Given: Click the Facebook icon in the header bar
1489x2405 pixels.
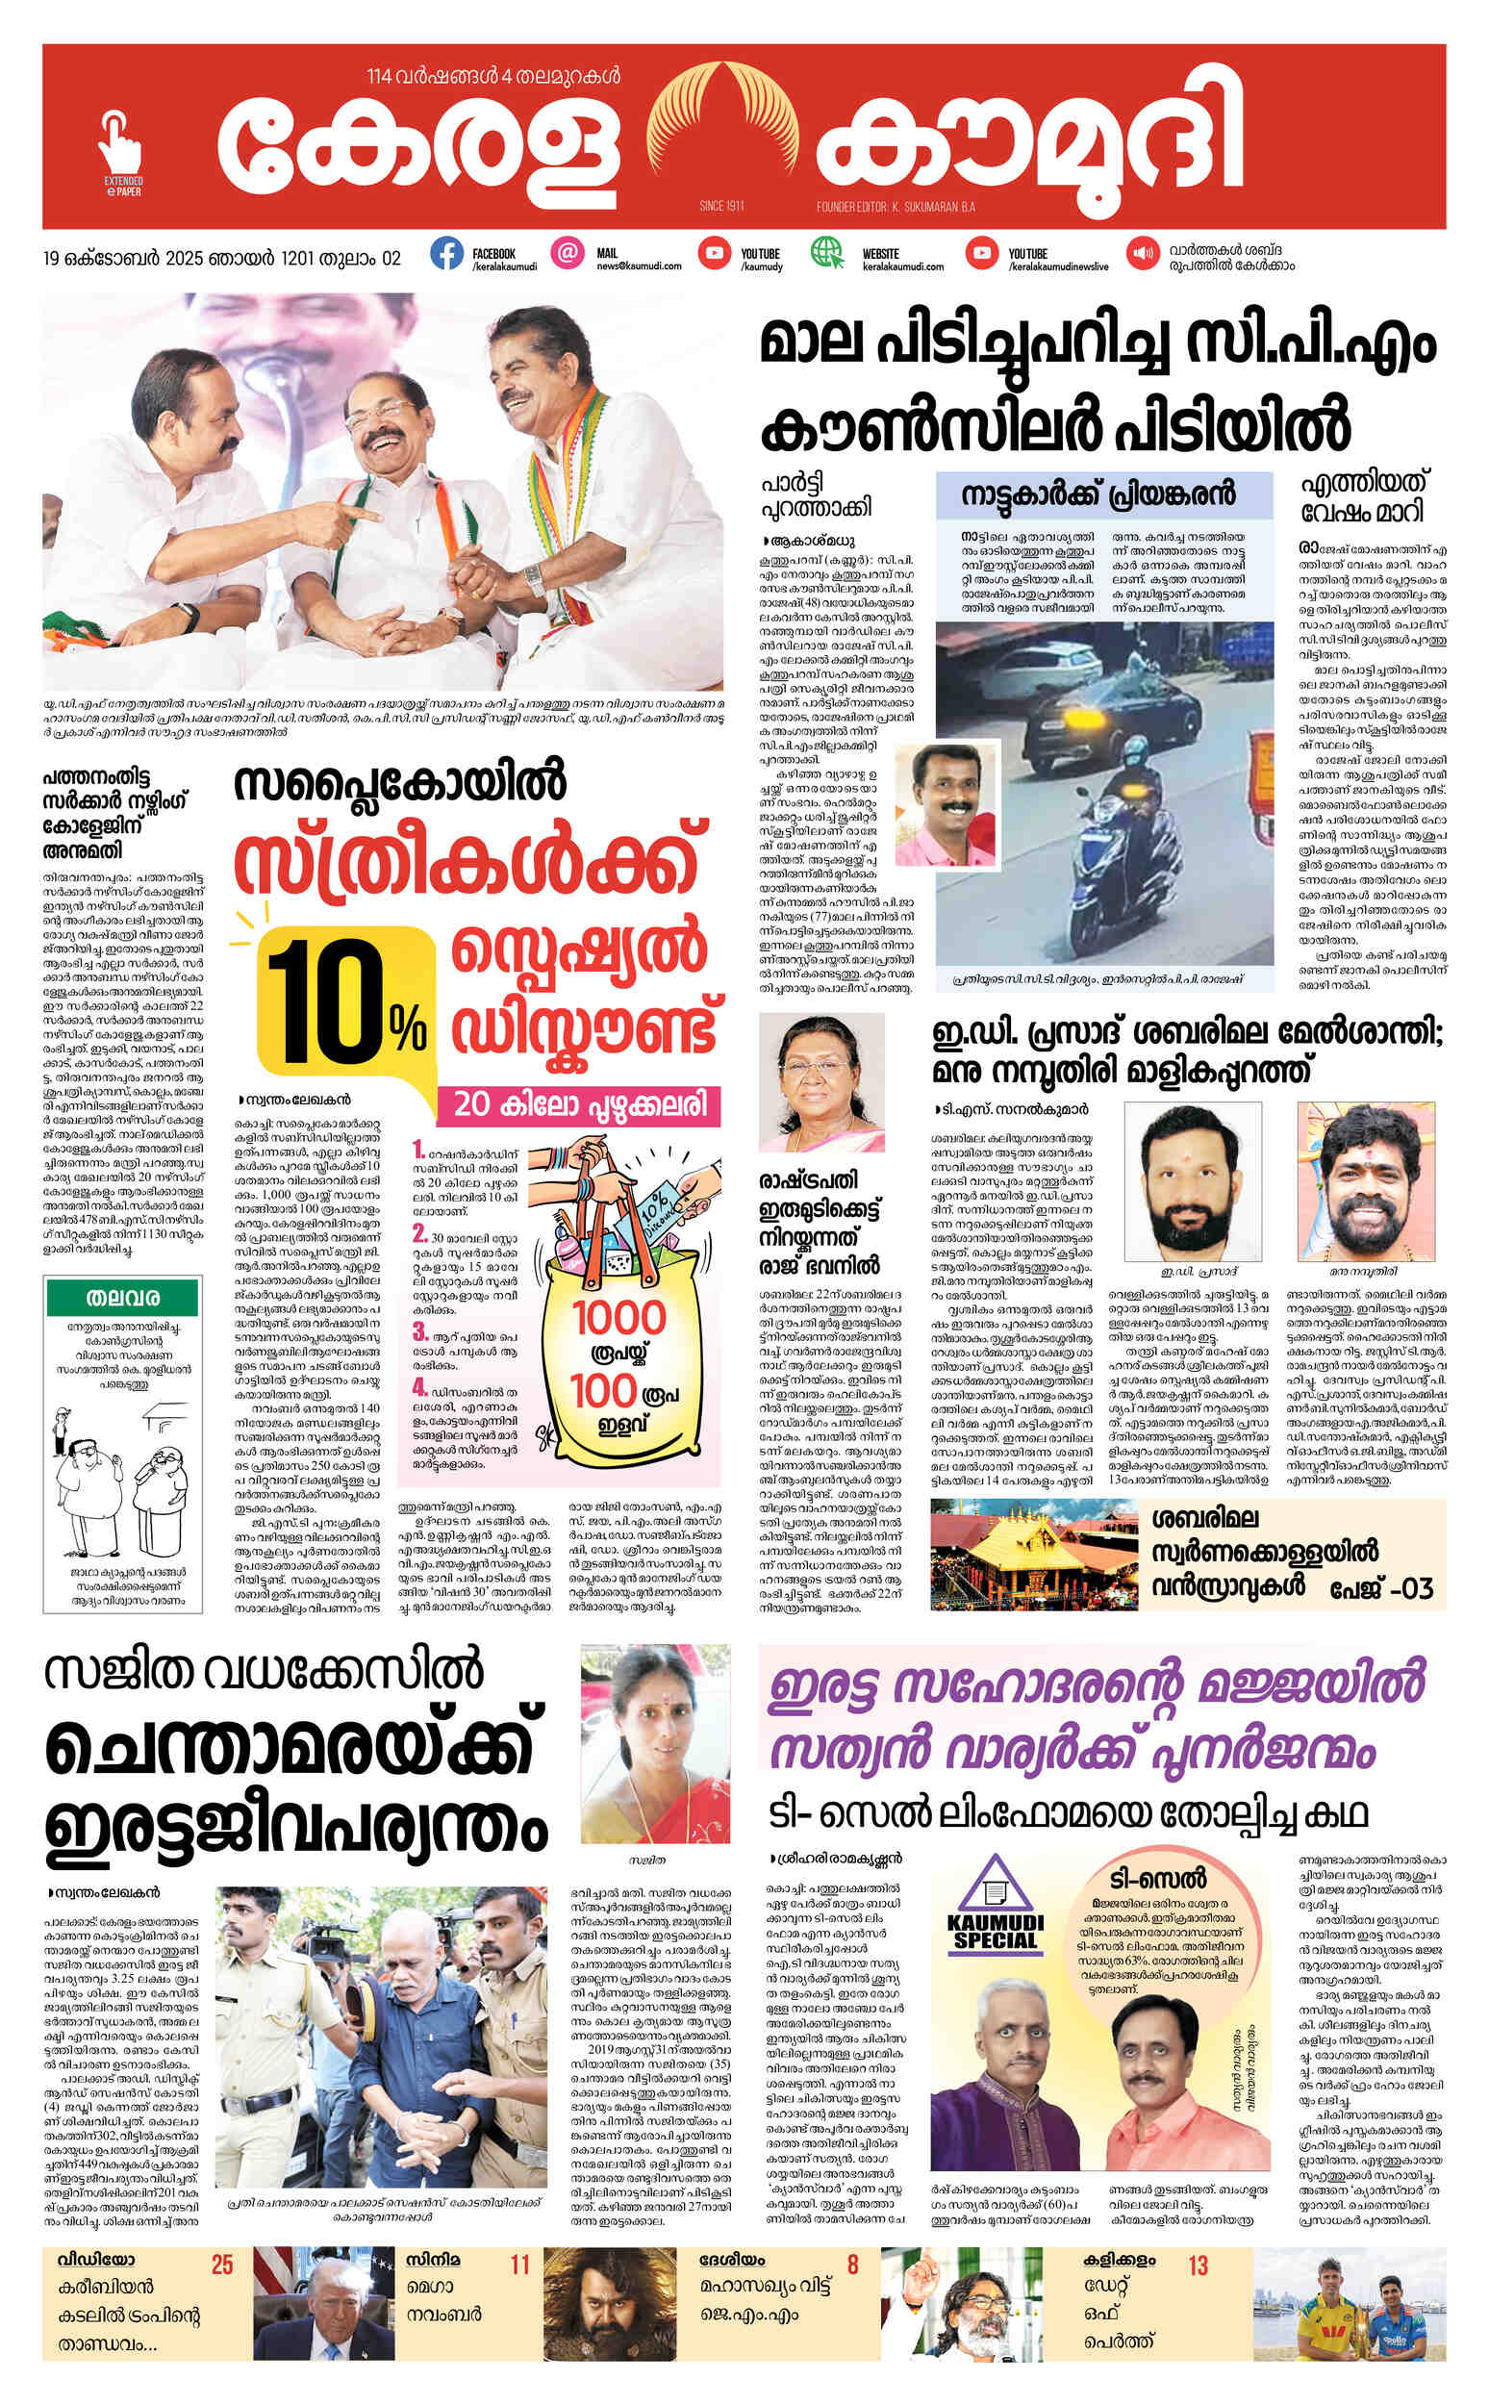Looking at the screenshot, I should point(446,254).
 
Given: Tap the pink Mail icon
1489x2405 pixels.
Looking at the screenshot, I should point(567,253).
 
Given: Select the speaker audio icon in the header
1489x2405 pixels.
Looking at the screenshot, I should point(1143,253).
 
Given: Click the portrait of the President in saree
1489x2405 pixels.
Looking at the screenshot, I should point(821,1083).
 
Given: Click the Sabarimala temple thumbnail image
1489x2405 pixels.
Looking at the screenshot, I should point(1034,1557).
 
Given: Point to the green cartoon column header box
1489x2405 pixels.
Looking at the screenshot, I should point(123,1298).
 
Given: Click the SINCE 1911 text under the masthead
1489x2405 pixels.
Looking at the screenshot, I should point(720,207).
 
